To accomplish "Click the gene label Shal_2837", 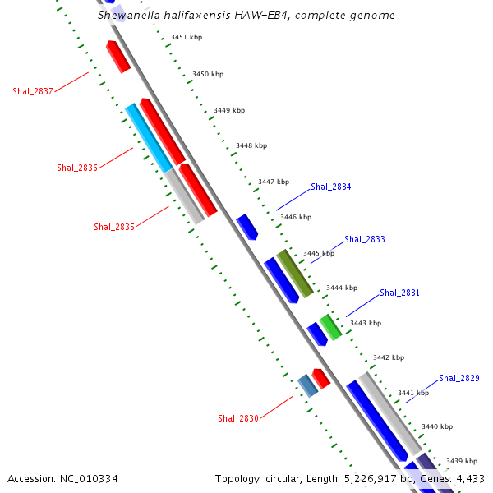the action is coord(33,91).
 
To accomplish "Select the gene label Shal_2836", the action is coord(77,168).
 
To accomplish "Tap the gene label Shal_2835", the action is coord(114,227).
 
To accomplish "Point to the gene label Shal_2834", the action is coord(331,187).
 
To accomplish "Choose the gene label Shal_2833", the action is coord(365,240).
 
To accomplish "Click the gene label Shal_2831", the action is coord(400,293).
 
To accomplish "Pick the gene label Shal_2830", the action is coord(238,419).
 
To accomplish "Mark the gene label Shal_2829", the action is coord(459,378).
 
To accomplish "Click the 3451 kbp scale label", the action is coord(187,37).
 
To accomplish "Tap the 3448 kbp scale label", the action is coord(251,145).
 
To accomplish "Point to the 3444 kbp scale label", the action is coord(342,288).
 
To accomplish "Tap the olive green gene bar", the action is coord(295,273).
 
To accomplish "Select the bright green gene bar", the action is coord(330,326).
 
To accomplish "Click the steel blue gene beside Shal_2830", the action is coord(307,385).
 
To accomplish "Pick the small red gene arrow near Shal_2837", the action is coord(118,56).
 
